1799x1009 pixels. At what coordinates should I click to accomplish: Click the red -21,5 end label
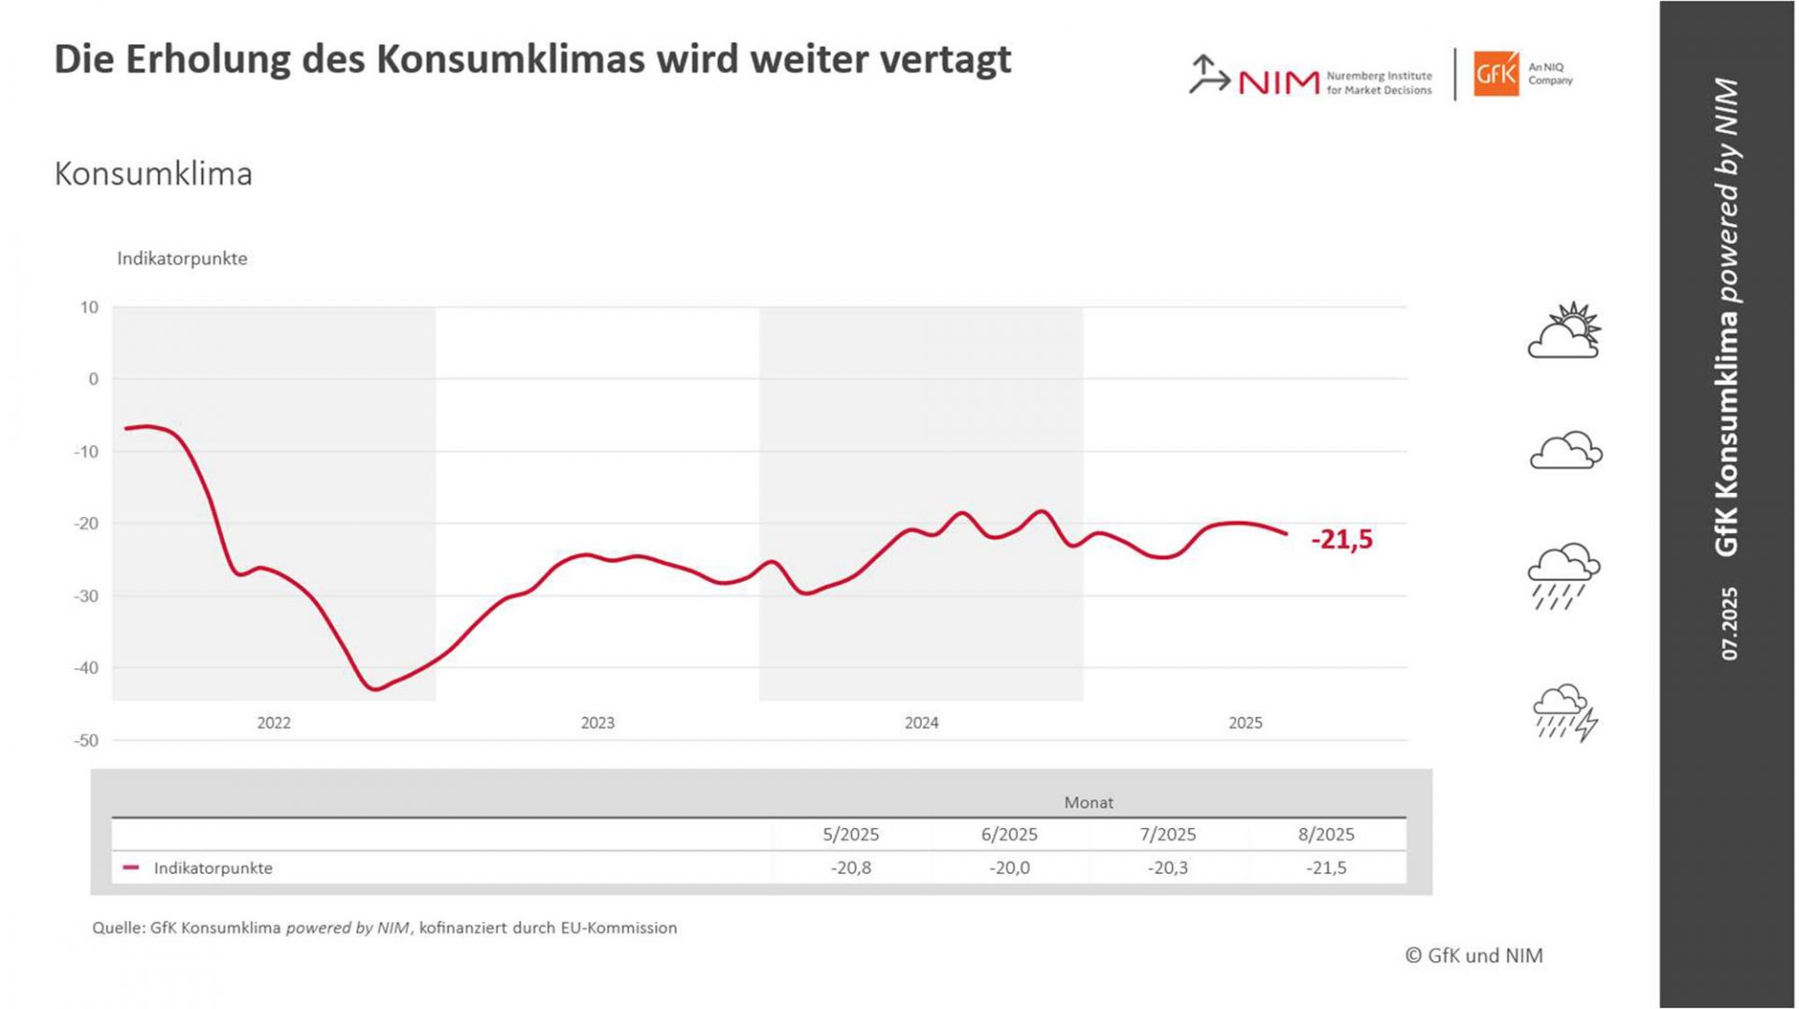click(x=1342, y=540)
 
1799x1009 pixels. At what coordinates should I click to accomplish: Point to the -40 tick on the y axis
click(x=86, y=668)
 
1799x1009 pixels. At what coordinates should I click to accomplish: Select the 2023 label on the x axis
click(x=598, y=722)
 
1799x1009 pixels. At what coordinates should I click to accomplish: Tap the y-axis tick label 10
click(x=89, y=307)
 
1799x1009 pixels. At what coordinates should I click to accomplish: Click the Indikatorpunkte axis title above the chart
click(x=182, y=259)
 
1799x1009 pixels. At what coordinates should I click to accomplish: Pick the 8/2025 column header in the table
click(x=1326, y=834)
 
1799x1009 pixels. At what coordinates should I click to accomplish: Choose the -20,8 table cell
click(x=851, y=868)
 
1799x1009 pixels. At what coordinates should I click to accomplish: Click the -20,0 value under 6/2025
click(x=1009, y=868)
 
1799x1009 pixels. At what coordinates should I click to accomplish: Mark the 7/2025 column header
click(x=1167, y=834)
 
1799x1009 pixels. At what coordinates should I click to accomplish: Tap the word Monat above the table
click(x=1089, y=802)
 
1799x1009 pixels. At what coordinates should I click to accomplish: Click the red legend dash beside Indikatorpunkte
click(x=131, y=868)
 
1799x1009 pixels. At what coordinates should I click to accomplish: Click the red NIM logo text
click(x=1279, y=82)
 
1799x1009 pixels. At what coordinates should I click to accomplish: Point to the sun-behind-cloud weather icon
click(x=1565, y=331)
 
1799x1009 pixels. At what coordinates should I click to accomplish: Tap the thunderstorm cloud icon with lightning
click(x=1565, y=713)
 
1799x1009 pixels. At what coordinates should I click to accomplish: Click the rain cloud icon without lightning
click(x=1564, y=574)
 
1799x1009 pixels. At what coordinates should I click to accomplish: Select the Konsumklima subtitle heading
click(x=154, y=174)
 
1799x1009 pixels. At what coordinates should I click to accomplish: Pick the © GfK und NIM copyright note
click(x=1474, y=956)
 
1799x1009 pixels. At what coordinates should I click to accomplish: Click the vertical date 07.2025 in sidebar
click(x=1729, y=623)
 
